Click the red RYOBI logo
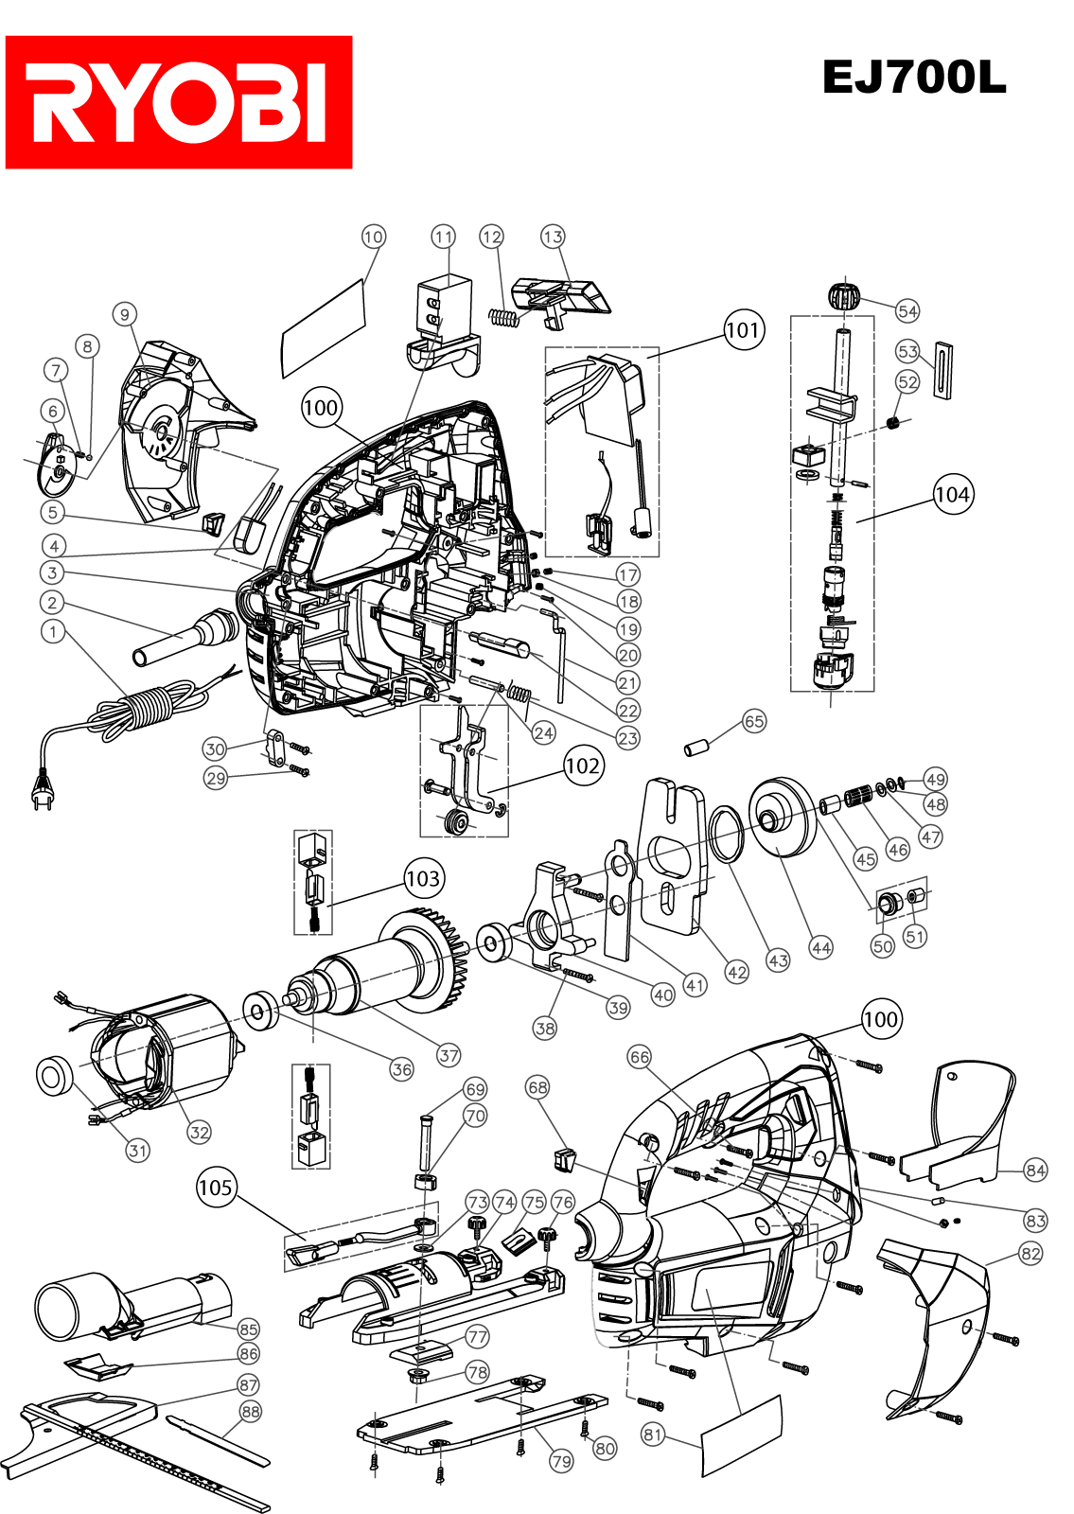pyautogui.click(x=179, y=102)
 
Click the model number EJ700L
pyautogui.click(x=914, y=77)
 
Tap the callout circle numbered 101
pyautogui.click(x=744, y=330)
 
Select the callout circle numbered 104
pyautogui.click(x=953, y=495)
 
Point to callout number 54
pyautogui.click(x=907, y=311)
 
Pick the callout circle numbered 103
pyautogui.click(x=423, y=879)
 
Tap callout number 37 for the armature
pyautogui.click(x=449, y=1055)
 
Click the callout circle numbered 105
pyautogui.click(x=216, y=1188)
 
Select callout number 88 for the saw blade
pyautogui.click(x=251, y=1411)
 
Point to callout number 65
pyautogui.click(x=754, y=721)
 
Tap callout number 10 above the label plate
pyautogui.click(x=373, y=237)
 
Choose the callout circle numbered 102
pyautogui.click(x=583, y=766)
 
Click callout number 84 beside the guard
pyautogui.click(x=1035, y=1170)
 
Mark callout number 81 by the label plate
pyautogui.click(x=653, y=1435)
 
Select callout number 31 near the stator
pyautogui.click(x=138, y=1151)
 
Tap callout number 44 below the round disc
pyautogui.click(x=821, y=947)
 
